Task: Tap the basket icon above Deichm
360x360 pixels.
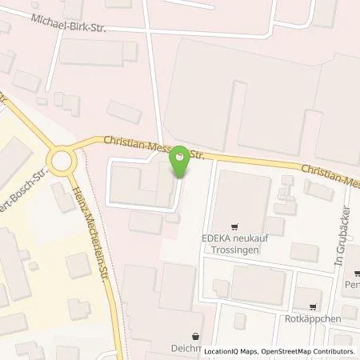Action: click(198, 336)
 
